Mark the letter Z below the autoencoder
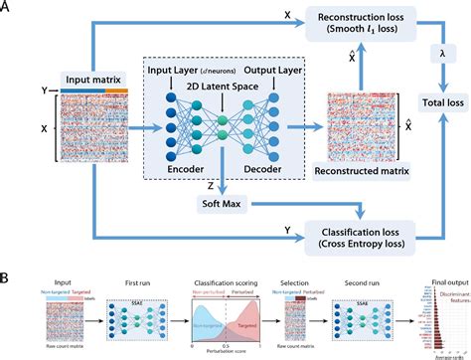(209, 184)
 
